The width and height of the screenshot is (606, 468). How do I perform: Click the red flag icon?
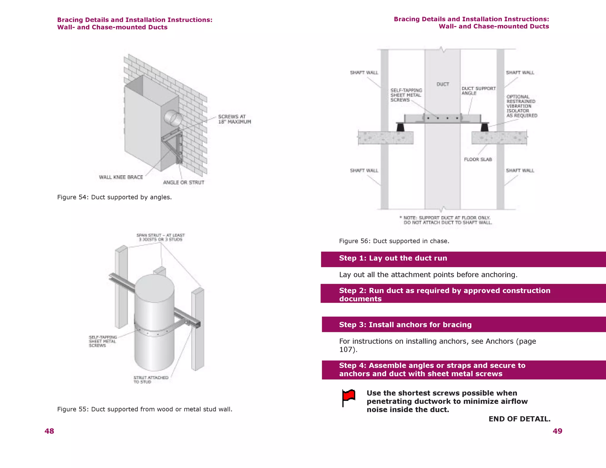pyautogui.click(x=349, y=397)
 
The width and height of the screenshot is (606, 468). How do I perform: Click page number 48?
pyautogui.click(x=49, y=431)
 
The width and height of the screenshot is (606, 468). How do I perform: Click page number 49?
pyautogui.click(x=557, y=431)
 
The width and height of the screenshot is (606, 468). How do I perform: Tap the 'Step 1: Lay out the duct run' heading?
pyautogui.click(x=393, y=258)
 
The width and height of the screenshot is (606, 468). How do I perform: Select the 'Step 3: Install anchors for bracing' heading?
pyautogui.click(x=405, y=325)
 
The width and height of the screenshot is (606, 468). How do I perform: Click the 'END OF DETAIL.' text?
pyautogui.click(x=519, y=419)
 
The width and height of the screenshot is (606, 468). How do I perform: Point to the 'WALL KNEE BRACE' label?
pyautogui.click(x=121, y=177)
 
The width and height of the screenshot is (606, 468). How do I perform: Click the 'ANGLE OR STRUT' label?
pyautogui.click(x=183, y=183)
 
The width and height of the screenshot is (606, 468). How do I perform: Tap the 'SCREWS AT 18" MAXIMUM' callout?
pyautogui.click(x=234, y=119)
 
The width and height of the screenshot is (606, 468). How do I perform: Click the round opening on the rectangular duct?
pyautogui.click(x=173, y=118)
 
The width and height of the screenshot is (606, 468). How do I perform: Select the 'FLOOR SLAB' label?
pyautogui.click(x=478, y=159)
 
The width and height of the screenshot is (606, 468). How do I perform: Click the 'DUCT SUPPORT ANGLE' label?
pyautogui.click(x=478, y=91)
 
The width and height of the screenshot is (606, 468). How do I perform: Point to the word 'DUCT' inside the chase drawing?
pyautogui.click(x=443, y=84)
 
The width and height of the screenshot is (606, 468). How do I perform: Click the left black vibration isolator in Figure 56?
pyautogui.click(x=400, y=127)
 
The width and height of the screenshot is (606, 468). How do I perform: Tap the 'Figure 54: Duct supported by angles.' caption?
pyautogui.click(x=114, y=197)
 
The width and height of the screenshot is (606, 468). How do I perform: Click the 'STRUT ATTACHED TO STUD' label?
pyautogui.click(x=151, y=380)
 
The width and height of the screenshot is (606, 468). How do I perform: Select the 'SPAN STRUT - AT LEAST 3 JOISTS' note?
pyautogui.click(x=160, y=237)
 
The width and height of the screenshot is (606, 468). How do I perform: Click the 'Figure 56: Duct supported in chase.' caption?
pyautogui.click(x=394, y=241)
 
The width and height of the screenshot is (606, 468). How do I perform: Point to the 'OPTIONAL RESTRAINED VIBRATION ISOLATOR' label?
pyautogui.click(x=521, y=106)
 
